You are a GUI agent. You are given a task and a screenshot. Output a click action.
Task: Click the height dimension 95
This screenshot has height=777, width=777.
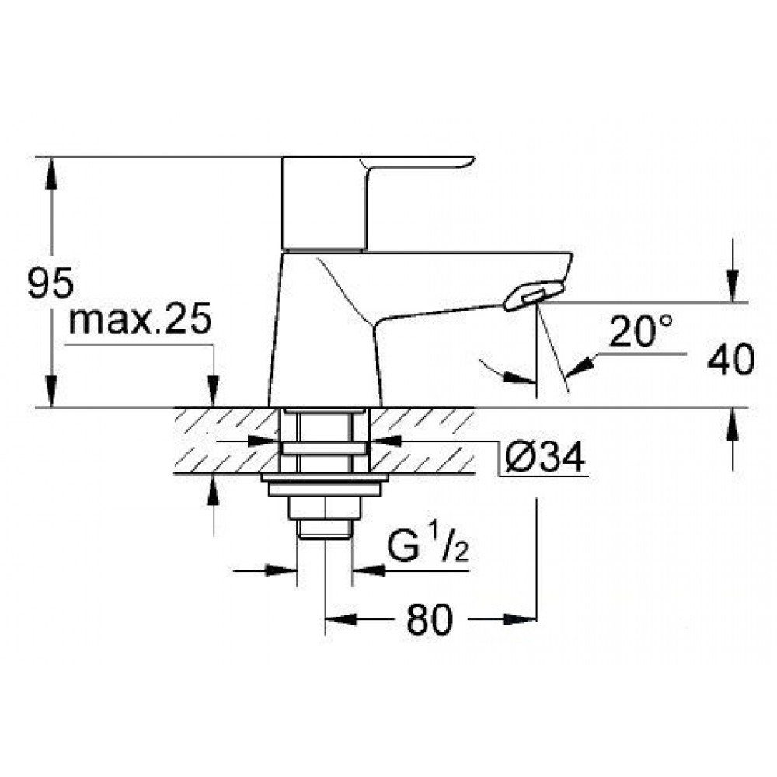click(x=51, y=283)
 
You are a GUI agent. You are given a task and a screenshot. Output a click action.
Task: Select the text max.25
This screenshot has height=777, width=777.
click(x=141, y=319)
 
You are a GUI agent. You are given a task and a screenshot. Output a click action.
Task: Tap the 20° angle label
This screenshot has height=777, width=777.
click(x=641, y=331)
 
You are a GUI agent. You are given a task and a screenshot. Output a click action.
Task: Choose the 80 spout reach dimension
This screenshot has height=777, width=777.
click(x=430, y=619)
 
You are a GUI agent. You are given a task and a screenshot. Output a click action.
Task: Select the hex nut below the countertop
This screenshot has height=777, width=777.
click(x=325, y=507)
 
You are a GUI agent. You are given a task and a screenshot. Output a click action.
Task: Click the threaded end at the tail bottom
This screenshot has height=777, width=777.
click(x=325, y=528)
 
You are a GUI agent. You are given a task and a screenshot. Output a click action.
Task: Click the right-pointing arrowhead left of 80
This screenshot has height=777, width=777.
click(x=341, y=619)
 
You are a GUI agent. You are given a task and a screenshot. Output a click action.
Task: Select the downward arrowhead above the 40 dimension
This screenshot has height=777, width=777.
click(x=733, y=285)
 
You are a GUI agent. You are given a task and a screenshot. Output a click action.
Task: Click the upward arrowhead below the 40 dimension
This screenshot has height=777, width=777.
click(x=733, y=424)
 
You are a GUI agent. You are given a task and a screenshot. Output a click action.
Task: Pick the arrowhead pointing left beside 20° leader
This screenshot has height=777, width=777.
click(x=580, y=366)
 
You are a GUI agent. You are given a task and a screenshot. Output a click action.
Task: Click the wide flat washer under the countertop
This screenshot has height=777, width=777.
click(x=325, y=478)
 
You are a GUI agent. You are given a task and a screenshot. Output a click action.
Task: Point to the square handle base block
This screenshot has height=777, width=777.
click(x=325, y=203)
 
